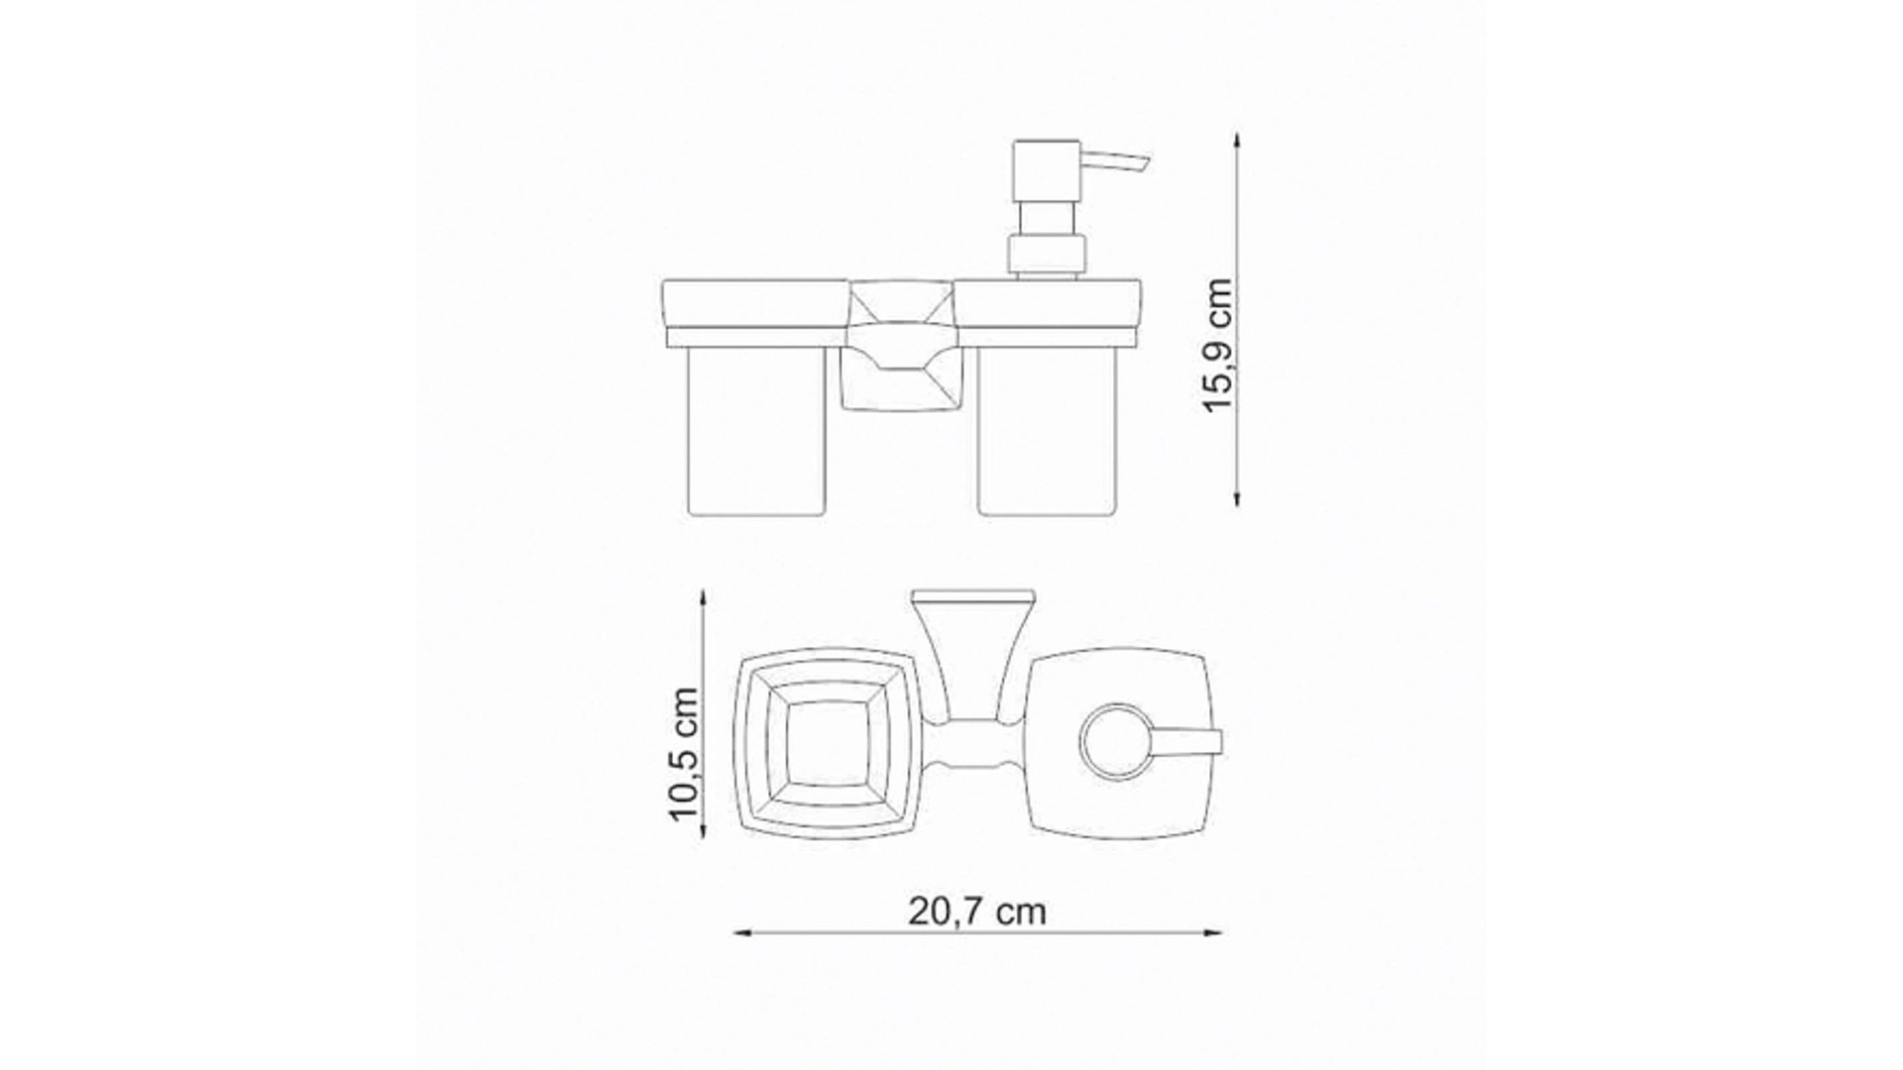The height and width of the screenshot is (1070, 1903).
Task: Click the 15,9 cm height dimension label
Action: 1218,344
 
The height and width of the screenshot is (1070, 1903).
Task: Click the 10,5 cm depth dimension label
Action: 684,754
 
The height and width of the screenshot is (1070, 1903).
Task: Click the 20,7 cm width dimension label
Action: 976,911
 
